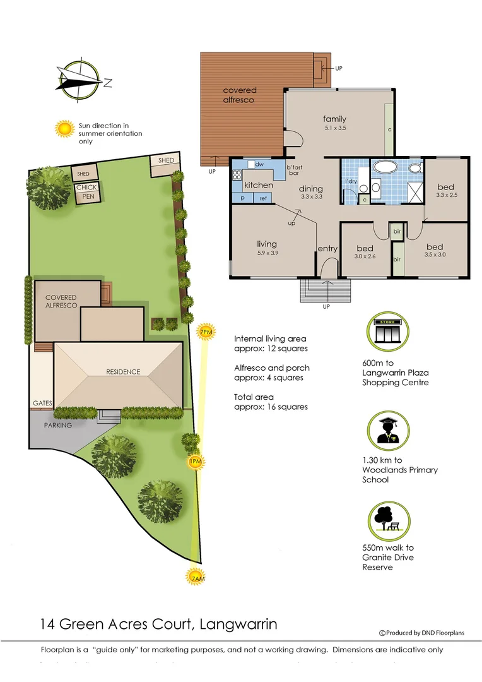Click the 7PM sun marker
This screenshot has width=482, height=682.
point(205,332)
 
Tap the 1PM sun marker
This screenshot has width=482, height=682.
point(196,462)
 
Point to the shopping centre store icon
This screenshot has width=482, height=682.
point(387,333)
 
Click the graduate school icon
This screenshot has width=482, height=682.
point(387,431)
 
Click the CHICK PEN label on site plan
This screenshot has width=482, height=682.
point(86,192)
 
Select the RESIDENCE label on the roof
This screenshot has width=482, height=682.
point(123,372)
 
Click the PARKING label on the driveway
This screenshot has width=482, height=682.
point(58,425)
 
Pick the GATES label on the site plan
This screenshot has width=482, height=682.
point(42,403)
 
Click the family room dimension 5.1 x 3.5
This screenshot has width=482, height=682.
point(335,128)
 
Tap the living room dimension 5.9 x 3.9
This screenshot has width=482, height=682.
point(267,253)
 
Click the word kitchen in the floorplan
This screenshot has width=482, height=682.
point(259,185)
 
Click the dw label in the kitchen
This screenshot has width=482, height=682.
point(259,164)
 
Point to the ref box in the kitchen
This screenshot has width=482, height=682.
point(263,198)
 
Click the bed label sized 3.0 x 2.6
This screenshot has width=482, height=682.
point(365,248)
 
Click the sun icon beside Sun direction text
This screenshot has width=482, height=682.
point(64,129)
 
